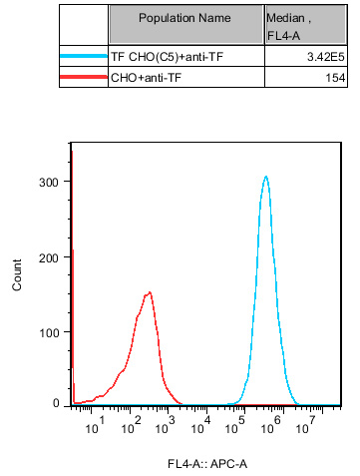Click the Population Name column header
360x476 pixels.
185,18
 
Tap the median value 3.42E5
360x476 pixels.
325,57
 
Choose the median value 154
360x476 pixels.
335,77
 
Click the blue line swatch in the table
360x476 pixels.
84,57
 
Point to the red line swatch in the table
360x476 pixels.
84,77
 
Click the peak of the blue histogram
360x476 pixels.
265,178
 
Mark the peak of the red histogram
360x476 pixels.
149,292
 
